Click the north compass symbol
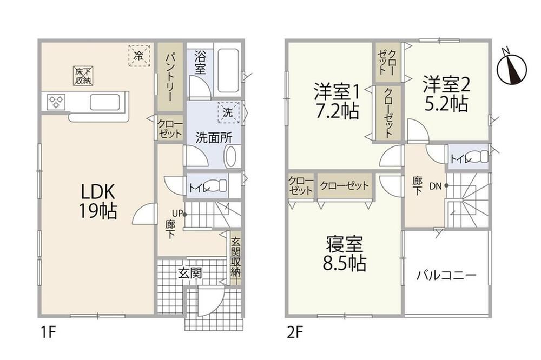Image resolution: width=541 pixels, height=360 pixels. click(512, 68)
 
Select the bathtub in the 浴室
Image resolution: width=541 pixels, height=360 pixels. click(228, 70)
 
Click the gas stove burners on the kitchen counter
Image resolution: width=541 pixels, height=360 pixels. click(56, 102)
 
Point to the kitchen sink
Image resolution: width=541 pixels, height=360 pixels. click(105, 102)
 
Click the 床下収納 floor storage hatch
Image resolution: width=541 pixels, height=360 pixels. click(83, 76)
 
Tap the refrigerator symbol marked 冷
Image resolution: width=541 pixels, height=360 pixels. click(139, 55)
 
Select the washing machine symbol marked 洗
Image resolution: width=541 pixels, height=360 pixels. click(228, 112)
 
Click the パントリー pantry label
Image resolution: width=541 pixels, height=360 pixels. click(170, 77)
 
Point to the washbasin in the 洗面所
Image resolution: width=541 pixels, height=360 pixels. click(231, 157)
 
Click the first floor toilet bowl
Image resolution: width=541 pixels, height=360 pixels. click(217, 186)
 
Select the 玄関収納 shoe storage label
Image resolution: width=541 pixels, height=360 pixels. click(236, 257)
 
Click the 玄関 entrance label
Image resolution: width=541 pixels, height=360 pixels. click(190, 274)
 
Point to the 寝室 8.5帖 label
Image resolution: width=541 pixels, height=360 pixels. click(344, 254)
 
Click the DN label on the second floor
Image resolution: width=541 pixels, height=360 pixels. click(436, 186)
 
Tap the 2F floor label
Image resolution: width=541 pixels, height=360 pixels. click(294, 334)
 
